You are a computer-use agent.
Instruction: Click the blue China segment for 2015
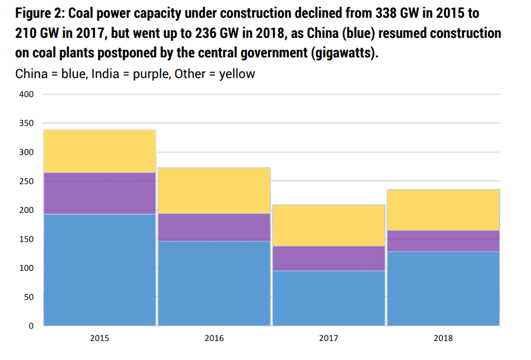[100, 270]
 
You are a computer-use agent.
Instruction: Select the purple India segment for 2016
[214, 227]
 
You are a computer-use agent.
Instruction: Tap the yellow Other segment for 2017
[328, 225]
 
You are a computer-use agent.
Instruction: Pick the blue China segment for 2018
[442, 288]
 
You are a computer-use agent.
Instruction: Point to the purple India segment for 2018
[442, 241]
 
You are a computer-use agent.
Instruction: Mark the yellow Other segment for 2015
[100, 151]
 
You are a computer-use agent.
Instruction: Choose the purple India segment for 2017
[328, 258]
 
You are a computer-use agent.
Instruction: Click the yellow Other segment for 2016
[214, 190]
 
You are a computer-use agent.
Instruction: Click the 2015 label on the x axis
[99, 339]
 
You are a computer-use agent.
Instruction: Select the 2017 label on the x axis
[328, 339]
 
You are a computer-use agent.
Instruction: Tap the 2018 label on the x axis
[443, 339]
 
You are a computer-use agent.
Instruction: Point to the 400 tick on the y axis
[27, 95]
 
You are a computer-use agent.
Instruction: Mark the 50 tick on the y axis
[29, 297]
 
